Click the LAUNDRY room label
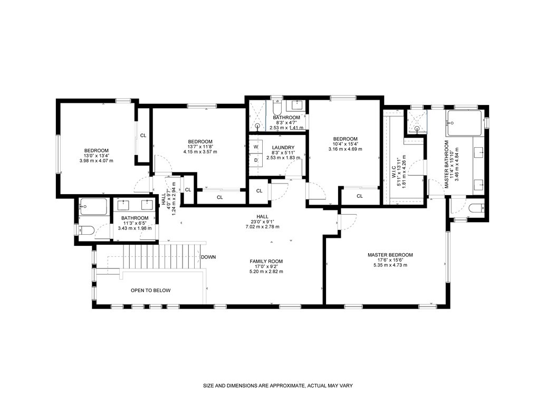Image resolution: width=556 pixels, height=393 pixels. click(x=283, y=148)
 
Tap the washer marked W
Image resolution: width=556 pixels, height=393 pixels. click(x=256, y=147)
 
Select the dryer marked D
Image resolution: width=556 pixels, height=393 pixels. click(x=256, y=160)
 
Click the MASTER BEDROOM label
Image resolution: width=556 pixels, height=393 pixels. click(x=390, y=255)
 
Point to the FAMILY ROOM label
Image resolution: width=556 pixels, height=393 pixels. click(x=266, y=262)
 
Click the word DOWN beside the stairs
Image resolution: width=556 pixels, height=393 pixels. click(x=208, y=257)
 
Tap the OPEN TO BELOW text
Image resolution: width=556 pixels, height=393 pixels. click(x=151, y=290)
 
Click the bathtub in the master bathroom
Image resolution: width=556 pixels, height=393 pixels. click(x=464, y=123)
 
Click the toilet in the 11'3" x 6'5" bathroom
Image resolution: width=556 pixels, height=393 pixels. click(x=85, y=231)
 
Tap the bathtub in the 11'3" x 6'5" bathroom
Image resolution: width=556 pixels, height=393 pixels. click(x=93, y=206)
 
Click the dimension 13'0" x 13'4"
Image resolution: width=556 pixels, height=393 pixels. click(x=97, y=156)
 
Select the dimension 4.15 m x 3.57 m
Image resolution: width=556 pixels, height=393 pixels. click(x=200, y=151)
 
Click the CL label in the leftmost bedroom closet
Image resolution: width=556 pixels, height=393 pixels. click(x=143, y=136)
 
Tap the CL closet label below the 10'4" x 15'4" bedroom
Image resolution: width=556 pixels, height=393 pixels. click(x=360, y=196)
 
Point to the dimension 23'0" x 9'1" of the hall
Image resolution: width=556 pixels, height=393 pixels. click(x=262, y=222)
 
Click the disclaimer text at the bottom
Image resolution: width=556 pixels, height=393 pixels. click(x=277, y=386)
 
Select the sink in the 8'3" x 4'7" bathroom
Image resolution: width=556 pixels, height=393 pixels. click(x=297, y=104)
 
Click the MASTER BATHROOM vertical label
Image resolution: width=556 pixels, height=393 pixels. click(x=446, y=164)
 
